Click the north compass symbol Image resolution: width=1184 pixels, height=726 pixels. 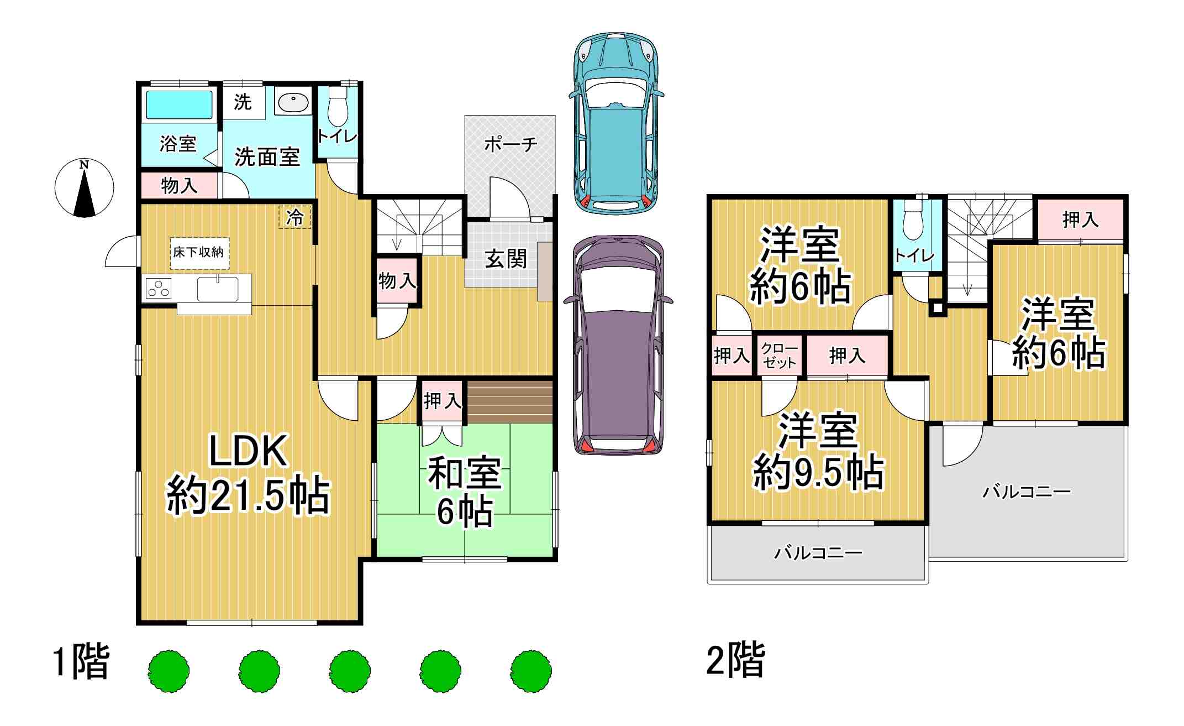(84, 188)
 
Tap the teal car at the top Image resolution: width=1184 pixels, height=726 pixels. (616, 123)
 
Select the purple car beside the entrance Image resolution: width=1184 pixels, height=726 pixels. (618, 345)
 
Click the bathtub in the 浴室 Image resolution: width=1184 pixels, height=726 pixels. (179, 105)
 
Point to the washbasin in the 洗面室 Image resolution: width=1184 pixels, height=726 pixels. (293, 102)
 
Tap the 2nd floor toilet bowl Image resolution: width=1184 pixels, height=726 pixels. (914, 220)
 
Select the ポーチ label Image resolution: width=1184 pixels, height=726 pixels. (511, 145)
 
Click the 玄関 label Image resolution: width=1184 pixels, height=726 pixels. (506, 259)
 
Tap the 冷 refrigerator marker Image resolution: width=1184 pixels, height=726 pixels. (294, 217)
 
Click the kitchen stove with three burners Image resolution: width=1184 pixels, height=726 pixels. (159, 289)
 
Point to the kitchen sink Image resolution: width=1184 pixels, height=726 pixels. (218, 289)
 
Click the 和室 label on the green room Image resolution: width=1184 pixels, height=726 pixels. (465, 473)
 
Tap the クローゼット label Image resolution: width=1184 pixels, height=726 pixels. (780, 356)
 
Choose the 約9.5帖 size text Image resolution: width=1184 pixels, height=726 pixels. (818, 473)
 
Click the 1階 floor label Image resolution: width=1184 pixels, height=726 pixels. (81, 661)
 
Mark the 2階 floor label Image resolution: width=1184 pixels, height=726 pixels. (735, 660)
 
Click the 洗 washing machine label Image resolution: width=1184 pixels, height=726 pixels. (243, 102)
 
